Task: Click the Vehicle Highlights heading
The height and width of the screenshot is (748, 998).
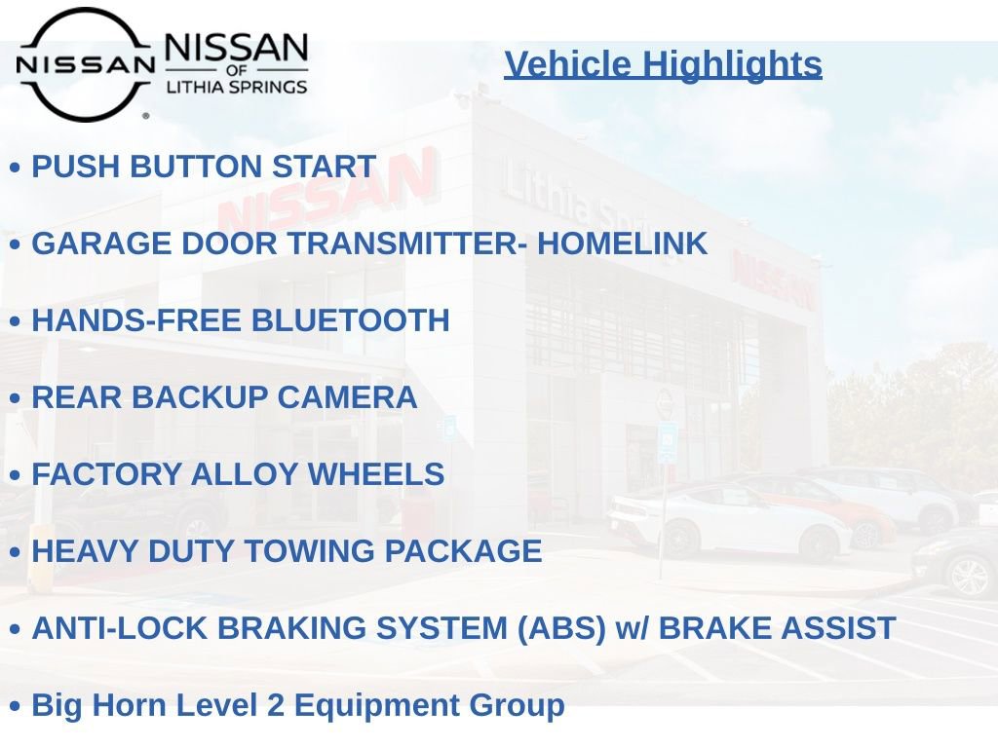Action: pyautogui.click(x=663, y=64)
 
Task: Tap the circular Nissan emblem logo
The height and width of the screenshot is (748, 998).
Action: pyautogui.click(x=85, y=64)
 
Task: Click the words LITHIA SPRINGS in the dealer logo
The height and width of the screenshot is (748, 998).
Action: pyautogui.click(x=237, y=86)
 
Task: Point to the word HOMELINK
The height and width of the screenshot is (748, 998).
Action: pyautogui.click(x=622, y=243)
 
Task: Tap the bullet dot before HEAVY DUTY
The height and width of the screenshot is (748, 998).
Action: pyautogui.click(x=15, y=552)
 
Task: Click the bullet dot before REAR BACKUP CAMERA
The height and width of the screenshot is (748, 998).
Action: pyautogui.click(x=15, y=398)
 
